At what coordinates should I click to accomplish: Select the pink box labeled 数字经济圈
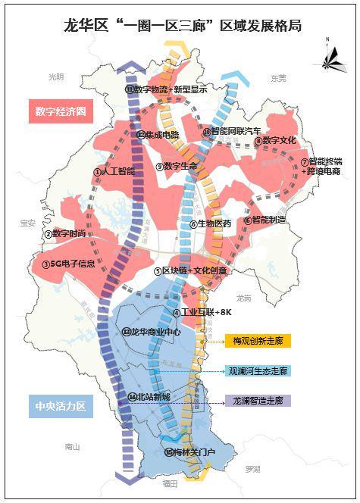point(61,112)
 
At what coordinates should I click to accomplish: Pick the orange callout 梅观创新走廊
point(257,341)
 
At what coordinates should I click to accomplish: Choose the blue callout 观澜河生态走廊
point(257,371)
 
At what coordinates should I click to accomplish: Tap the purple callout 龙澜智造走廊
point(257,400)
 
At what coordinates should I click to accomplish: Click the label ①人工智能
point(114,172)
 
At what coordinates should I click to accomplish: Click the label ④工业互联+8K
point(201,312)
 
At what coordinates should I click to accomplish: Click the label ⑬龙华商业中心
point(151,331)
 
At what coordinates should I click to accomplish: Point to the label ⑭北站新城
point(149,397)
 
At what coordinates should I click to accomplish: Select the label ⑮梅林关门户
point(189,452)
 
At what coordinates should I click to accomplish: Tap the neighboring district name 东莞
point(278,78)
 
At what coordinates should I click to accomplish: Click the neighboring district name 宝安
point(29,223)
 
